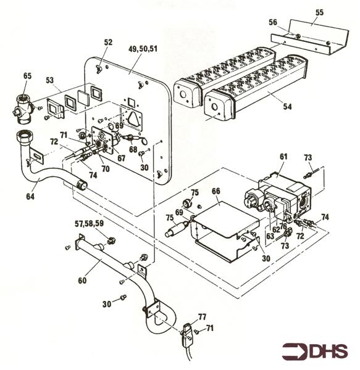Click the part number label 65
[28, 75]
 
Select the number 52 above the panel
[109, 42]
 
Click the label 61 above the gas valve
[283, 158]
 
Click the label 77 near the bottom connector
[201, 316]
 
